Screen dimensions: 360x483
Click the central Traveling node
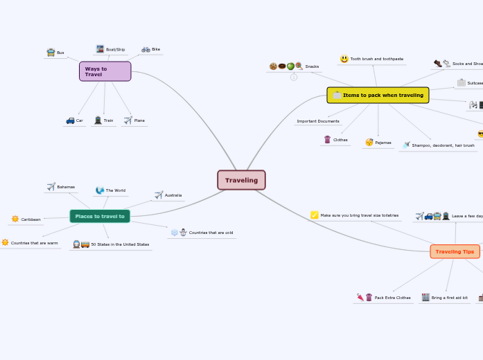click(241, 180)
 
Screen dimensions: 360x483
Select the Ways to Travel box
click(105, 71)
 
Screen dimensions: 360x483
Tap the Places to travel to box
click(100, 217)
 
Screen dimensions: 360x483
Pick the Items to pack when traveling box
click(378, 95)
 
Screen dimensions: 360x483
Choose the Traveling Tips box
click(455, 251)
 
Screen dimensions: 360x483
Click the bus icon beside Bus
click(51, 53)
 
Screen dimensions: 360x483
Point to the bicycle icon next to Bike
click(146, 50)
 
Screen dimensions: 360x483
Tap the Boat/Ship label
click(116, 50)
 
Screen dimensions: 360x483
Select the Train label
click(109, 120)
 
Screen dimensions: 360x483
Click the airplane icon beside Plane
click(128, 120)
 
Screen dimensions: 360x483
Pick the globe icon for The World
click(100, 190)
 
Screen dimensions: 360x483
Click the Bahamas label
click(66, 187)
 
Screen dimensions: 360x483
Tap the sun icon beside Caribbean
click(15, 219)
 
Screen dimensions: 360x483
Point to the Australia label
click(173, 195)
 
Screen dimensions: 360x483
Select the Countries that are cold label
click(211, 233)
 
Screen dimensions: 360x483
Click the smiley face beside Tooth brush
click(344, 60)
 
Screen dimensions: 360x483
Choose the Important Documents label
click(318, 121)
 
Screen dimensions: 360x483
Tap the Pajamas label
click(383, 143)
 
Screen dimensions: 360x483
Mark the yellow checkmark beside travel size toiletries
click(315, 215)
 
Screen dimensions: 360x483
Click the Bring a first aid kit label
click(449, 298)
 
